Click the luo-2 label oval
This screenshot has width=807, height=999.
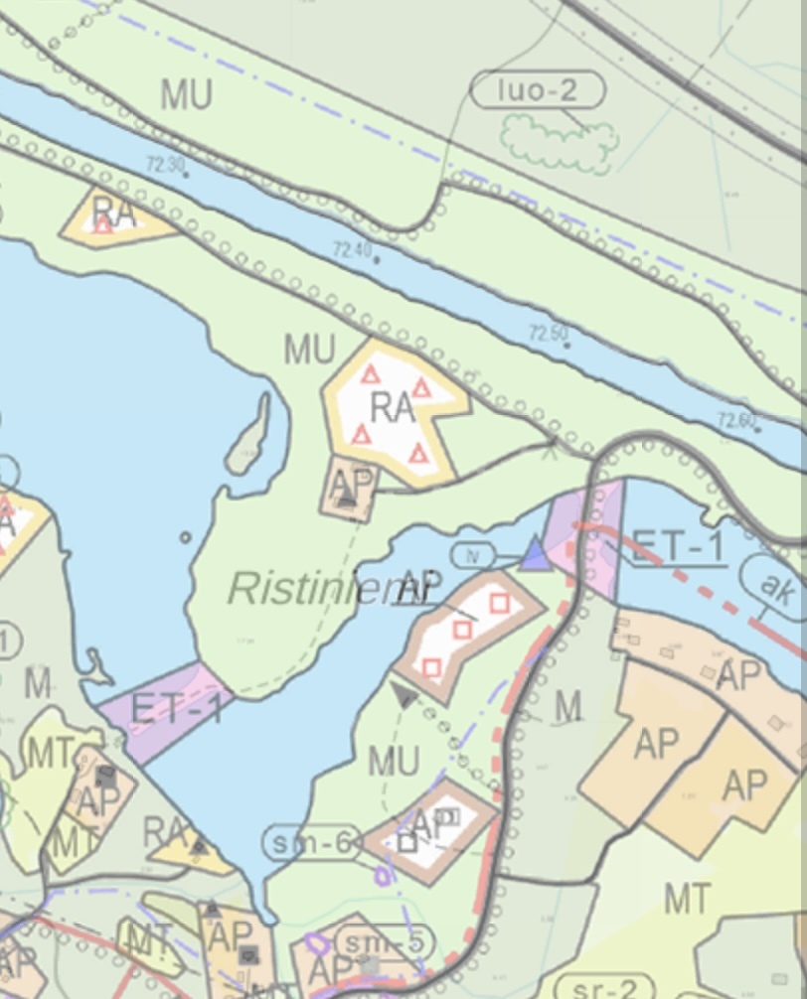click(x=537, y=91)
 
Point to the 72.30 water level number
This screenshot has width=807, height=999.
click(x=164, y=164)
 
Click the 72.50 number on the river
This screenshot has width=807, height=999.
click(x=550, y=332)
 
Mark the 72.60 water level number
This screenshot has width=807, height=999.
click(x=736, y=421)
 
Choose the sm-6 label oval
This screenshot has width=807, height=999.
click(x=312, y=844)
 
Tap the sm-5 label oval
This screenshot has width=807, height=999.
click(x=372, y=940)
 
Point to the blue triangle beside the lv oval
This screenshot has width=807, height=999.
click(x=535, y=554)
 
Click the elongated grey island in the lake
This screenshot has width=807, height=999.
click(x=248, y=437)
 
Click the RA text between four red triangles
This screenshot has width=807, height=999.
click(x=392, y=407)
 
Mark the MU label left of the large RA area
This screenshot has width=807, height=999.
click(x=310, y=350)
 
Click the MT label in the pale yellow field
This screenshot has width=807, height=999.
click(x=687, y=899)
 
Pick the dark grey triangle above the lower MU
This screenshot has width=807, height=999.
click(x=403, y=694)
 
